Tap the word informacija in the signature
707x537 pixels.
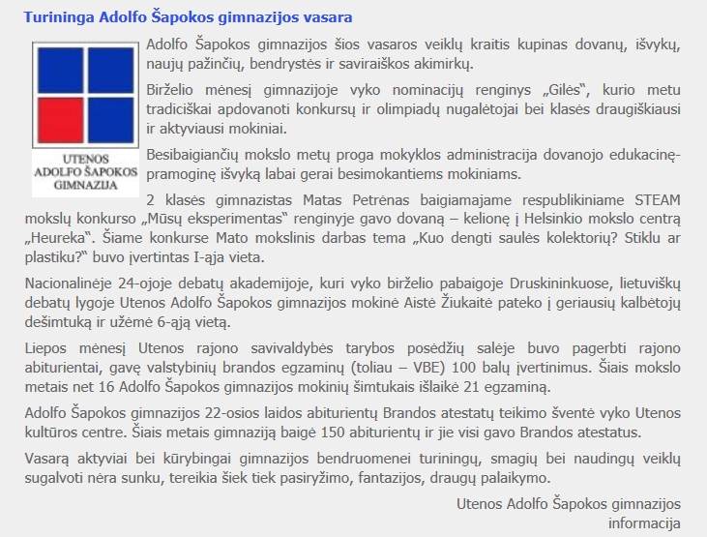pyautogui.click(x=644, y=522)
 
